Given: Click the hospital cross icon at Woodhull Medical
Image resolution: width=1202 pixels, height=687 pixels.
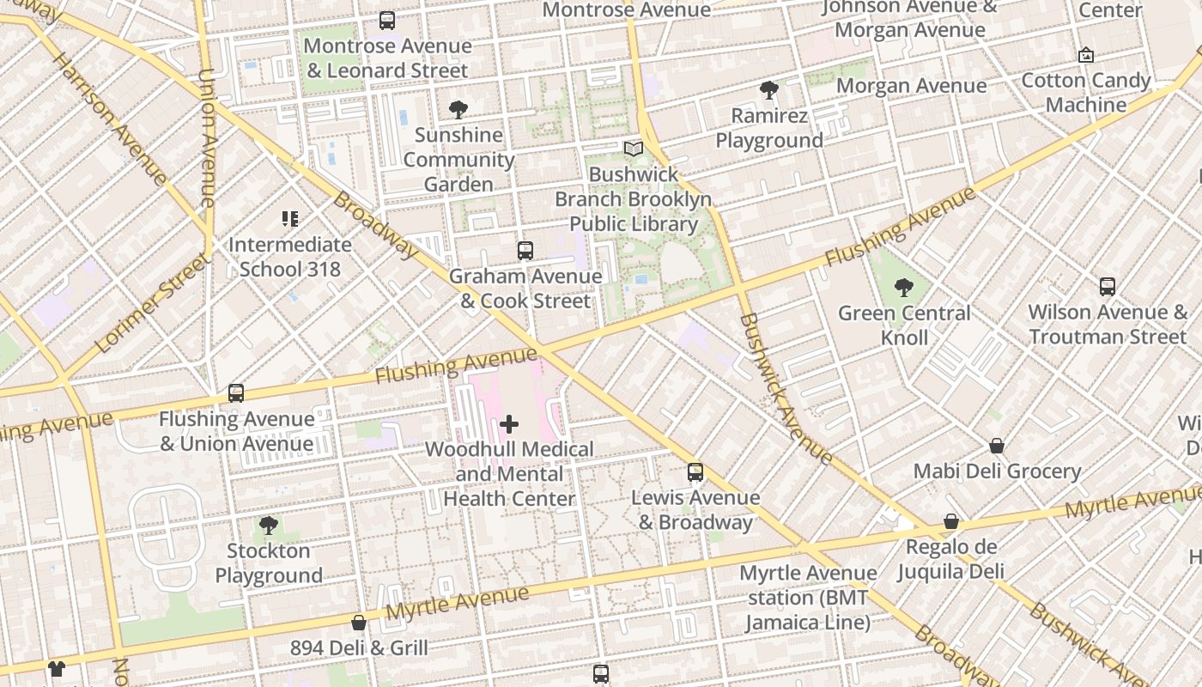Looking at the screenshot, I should coord(509,423).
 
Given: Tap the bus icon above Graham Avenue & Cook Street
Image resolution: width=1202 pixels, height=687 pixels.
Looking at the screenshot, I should coord(525,251).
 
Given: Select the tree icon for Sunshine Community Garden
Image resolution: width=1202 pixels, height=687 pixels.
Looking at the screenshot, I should coord(458,109).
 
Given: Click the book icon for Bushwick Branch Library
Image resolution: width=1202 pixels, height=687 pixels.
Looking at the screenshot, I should coord(634,149).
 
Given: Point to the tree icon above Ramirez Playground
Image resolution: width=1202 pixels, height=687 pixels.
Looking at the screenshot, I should coord(769,90).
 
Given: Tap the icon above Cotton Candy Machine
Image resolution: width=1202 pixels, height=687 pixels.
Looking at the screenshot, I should coord(1086,55).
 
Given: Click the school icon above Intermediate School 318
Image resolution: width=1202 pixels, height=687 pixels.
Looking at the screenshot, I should coord(290,219).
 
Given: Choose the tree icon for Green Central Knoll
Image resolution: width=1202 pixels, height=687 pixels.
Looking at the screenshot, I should coord(903,288).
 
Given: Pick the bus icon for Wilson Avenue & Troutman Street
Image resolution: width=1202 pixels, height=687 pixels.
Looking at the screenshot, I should coord(1108,287).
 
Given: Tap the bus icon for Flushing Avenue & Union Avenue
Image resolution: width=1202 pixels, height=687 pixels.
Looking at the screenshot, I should coord(236,393).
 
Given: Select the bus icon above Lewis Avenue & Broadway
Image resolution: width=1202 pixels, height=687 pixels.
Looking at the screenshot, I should coord(695,472).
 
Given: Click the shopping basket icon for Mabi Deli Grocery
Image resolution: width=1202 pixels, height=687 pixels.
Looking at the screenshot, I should coord(997,446).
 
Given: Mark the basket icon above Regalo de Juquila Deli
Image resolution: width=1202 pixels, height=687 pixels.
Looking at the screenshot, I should coord(951,521).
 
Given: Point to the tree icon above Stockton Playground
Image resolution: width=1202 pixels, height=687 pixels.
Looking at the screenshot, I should coord(269,525).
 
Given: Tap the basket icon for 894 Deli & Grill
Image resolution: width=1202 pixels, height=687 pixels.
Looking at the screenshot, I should coord(359,623).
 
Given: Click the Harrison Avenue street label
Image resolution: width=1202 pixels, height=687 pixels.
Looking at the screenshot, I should coord(109,119).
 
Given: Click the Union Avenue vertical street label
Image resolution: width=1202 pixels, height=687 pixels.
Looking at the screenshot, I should coord(207,137).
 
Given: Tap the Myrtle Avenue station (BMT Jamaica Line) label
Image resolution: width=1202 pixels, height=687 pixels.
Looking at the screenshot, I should coord(808,598).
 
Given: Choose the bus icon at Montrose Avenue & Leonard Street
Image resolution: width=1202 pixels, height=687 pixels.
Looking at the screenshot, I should coord(387,21).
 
